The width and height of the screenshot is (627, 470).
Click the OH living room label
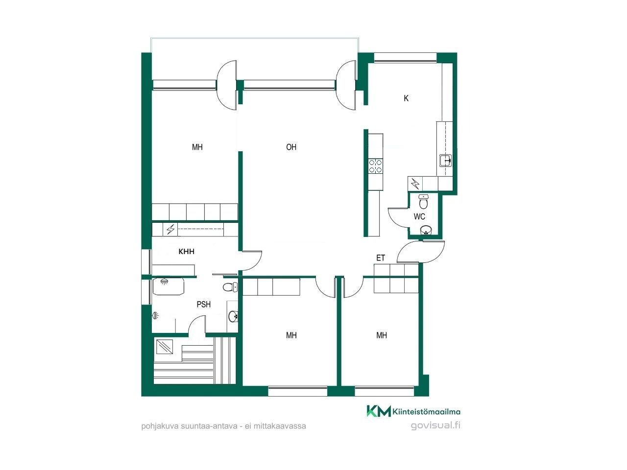tap(291, 147)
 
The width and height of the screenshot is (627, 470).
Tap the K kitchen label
tap(406, 98)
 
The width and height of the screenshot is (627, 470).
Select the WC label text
tap(419, 216)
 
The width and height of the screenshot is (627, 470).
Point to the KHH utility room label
tap(186, 252)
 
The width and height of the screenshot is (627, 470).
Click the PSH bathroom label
tap(204, 305)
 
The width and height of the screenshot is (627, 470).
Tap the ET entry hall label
tap(381, 258)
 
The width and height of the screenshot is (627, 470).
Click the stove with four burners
tap(375, 166)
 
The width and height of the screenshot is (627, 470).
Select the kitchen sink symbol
tap(446, 161)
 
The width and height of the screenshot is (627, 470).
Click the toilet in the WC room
tap(423, 202)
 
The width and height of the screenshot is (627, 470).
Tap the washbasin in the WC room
tap(426, 230)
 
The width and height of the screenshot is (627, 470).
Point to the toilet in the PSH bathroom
tap(230, 287)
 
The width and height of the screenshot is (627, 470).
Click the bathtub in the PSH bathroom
tap(169, 286)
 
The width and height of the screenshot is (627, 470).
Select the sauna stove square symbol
tap(165, 347)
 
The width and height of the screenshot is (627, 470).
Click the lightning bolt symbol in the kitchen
tap(415, 184)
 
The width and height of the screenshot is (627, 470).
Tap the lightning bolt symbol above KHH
tap(170, 230)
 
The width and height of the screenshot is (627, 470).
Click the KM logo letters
tap(379, 411)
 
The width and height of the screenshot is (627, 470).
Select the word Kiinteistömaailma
tap(427, 412)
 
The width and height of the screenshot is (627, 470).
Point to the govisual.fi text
tap(435, 425)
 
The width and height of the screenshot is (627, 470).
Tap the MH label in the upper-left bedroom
tap(197, 147)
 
